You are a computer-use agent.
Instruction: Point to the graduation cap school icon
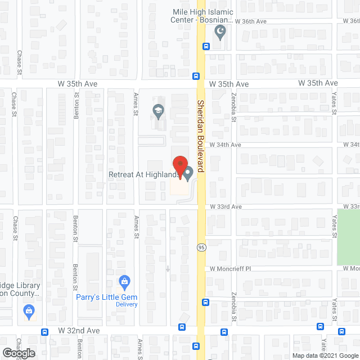pos(158,111)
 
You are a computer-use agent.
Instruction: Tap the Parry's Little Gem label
pos(107,296)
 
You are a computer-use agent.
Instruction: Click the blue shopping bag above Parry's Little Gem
pos(125,281)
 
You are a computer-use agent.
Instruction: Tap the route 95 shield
pos(200,247)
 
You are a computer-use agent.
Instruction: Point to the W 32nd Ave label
pos(79,331)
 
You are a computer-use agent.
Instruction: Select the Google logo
pos(18,353)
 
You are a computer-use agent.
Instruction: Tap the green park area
pos(348,237)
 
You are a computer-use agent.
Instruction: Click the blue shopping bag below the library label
pos(28,310)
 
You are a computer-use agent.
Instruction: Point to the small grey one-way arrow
pos(168,268)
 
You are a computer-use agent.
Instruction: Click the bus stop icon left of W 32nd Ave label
pos(44,332)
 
